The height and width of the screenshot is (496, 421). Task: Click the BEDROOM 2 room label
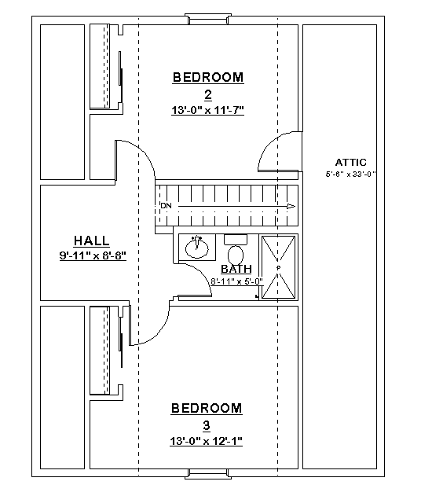pyautogui.click(x=208, y=86)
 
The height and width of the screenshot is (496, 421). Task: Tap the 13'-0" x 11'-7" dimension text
pyautogui.click(x=208, y=110)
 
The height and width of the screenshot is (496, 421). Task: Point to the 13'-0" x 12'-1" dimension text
pyautogui.click(x=207, y=441)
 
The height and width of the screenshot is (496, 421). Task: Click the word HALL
pyautogui.click(x=92, y=241)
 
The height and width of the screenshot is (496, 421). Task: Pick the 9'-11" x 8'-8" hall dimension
pyautogui.click(x=93, y=255)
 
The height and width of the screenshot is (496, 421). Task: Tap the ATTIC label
pyautogui.click(x=351, y=162)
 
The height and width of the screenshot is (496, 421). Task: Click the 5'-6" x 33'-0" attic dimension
pyautogui.click(x=350, y=174)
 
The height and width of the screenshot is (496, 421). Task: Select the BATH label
pyautogui.click(x=236, y=269)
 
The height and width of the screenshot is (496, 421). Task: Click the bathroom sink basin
pyautogui.click(x=196, y=248)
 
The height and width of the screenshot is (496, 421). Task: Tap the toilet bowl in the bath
pyautogui.click(x=236, y=255)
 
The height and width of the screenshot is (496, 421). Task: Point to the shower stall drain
pyautogui.click(x=278, y=268)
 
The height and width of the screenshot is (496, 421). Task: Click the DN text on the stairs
pyautogui.click(x=166, y=206)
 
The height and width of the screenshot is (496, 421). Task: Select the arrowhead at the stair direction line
pyautogui.click(x=291, y=207)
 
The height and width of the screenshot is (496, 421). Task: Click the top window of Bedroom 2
pyautogui.click(x=208, y=19)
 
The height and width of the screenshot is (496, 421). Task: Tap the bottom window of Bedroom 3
pyautogui.click(x=208, y=474)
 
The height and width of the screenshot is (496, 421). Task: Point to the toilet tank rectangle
pyautogui.click(x=236, y=239)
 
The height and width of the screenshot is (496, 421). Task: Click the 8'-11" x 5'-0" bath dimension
pyautogui.click(x=236, y=281)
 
